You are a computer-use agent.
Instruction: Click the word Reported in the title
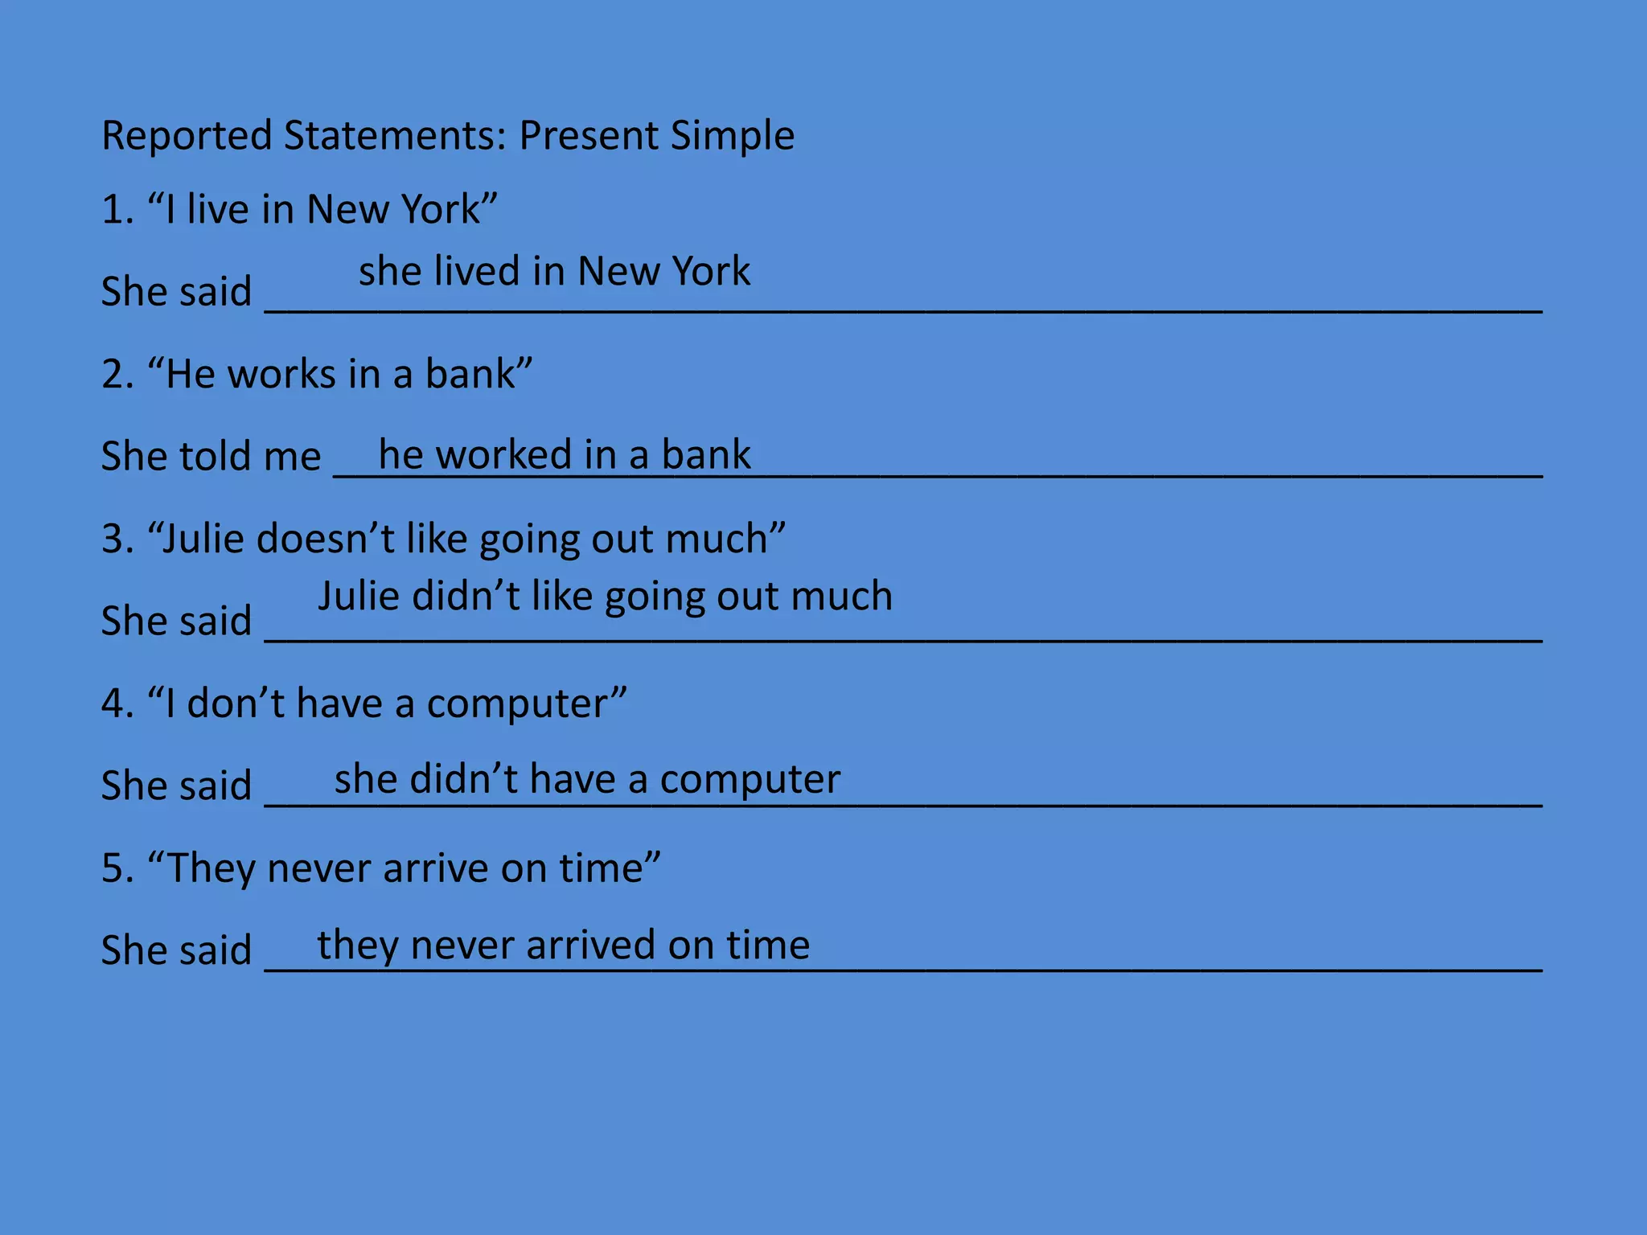pyautogui.click(x=187, y=135)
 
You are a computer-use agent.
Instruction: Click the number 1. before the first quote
pyautogui.click(x=117, y=209)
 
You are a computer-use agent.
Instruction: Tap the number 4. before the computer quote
pyautogui.click(x=117, y=703)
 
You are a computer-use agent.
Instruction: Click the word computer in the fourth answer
pyautogui.click(x=750, y=779)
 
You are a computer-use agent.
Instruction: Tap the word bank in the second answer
pyautogui.click(x=705, y=454)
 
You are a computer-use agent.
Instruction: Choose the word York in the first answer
pyautogui.click(x=708, y=271)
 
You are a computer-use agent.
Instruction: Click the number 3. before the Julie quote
pyautogui.click(x=117, y=538)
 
